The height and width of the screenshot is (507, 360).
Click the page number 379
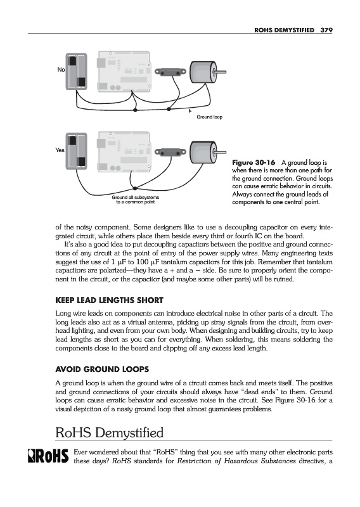(326, 30)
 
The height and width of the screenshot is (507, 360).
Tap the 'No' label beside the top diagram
(61, 70)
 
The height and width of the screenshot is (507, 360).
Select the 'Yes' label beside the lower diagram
(60, 150)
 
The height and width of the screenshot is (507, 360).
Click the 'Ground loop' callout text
(210, 117)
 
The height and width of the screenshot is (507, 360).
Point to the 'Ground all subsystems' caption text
(136, 197)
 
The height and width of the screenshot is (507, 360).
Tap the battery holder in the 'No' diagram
(76, 72)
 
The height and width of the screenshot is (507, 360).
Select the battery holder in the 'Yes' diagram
(76, 151)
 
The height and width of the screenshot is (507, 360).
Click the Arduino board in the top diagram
(124, 71)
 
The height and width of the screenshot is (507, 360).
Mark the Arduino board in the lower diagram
(124, 151)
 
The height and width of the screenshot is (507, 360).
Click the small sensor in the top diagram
(170, 72)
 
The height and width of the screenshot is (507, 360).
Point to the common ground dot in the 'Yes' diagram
(135, 188)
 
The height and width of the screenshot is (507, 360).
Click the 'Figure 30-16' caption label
(254, 162)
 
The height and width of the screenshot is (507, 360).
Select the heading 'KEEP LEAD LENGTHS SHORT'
(109, 300)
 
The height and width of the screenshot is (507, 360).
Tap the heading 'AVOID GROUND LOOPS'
(102, 369)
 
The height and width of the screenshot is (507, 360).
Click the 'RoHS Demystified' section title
(109, 433)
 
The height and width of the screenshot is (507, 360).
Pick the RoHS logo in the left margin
(48, 456)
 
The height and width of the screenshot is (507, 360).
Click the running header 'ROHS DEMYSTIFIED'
(285, 30)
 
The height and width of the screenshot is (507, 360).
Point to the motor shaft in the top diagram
(221, 72)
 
